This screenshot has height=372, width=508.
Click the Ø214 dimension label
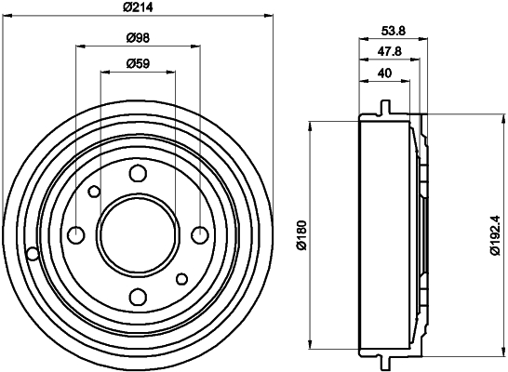pos(140,7)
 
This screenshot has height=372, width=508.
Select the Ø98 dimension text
pos(140,37)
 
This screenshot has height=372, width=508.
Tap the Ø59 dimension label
pos(140,64)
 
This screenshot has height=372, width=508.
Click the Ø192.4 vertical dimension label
pos(495,236)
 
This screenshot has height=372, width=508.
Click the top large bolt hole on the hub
pos(138,173)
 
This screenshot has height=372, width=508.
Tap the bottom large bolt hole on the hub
pos(138,297)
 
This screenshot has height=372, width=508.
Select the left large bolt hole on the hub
pos(76,234)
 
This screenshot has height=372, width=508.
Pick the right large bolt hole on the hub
pos(199,234)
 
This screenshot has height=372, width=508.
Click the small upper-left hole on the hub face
pos(94,192)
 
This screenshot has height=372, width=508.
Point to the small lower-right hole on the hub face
pos(181,278)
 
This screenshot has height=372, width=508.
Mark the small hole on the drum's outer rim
pos(33,254)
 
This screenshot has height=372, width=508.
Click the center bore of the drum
pos(138,234)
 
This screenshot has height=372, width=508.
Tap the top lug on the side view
pos(382,108)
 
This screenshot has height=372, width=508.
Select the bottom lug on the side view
pos(382,361)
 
